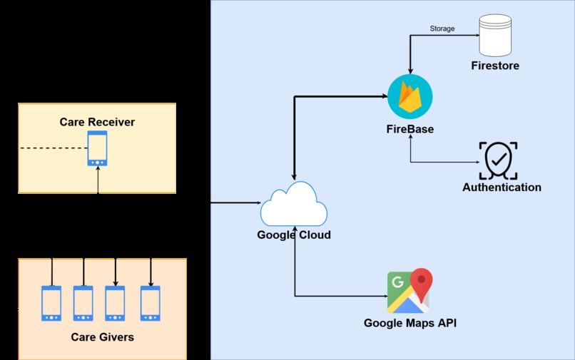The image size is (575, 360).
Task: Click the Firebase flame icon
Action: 410,96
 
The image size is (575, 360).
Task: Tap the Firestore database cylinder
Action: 495,35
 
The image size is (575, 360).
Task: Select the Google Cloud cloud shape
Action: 294,204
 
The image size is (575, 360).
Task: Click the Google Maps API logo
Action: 410,291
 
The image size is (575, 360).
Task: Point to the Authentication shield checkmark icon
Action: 498,160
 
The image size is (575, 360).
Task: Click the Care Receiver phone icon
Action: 97,148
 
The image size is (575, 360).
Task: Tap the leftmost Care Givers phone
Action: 51,304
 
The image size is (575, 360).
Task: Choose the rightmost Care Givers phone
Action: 151,304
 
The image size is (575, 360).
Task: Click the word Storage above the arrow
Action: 442,29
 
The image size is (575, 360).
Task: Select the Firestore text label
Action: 495,66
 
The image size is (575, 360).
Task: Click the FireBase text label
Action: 410,129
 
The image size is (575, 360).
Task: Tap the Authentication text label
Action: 502,187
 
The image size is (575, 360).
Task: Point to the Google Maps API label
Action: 410,323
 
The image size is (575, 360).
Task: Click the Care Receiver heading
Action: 97,122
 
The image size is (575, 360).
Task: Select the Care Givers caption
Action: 102,337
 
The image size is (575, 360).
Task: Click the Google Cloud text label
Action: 294,235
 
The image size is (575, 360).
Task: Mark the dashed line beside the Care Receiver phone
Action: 54,148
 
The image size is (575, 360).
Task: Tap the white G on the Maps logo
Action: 397,282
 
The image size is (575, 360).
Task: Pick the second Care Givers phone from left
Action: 83,304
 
